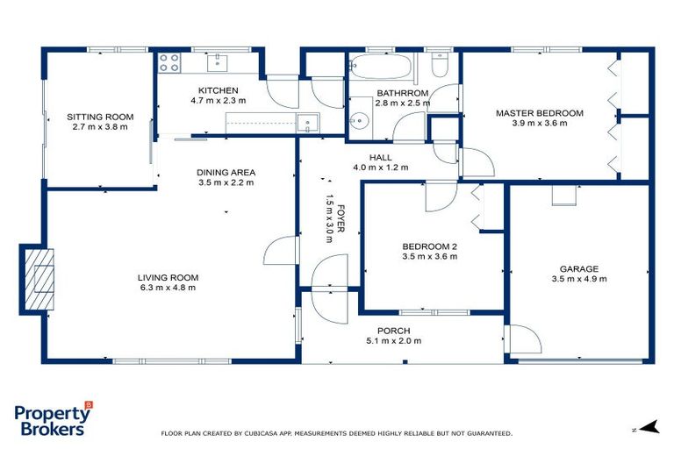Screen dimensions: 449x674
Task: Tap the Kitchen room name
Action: tap(218, 90)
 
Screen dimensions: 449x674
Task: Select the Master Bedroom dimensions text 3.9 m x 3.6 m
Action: tap(539, 124)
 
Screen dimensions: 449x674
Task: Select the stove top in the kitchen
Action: tap(168, 62)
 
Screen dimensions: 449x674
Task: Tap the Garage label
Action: tap(579, 269)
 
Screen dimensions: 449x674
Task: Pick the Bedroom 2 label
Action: tap(429, 246)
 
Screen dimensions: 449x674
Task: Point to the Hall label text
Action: tap(380, 157)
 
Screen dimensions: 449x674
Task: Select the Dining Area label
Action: tap(226, 173)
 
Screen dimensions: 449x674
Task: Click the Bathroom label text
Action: tap(402, 93)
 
